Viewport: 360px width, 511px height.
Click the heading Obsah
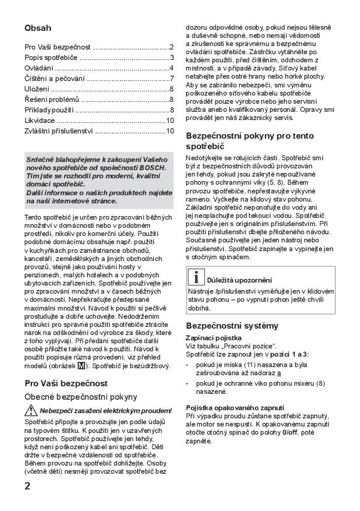38,27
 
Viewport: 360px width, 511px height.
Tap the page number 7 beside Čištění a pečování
172,78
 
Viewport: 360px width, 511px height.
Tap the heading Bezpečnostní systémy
232,325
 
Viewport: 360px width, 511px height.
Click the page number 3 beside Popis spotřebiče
172,57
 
